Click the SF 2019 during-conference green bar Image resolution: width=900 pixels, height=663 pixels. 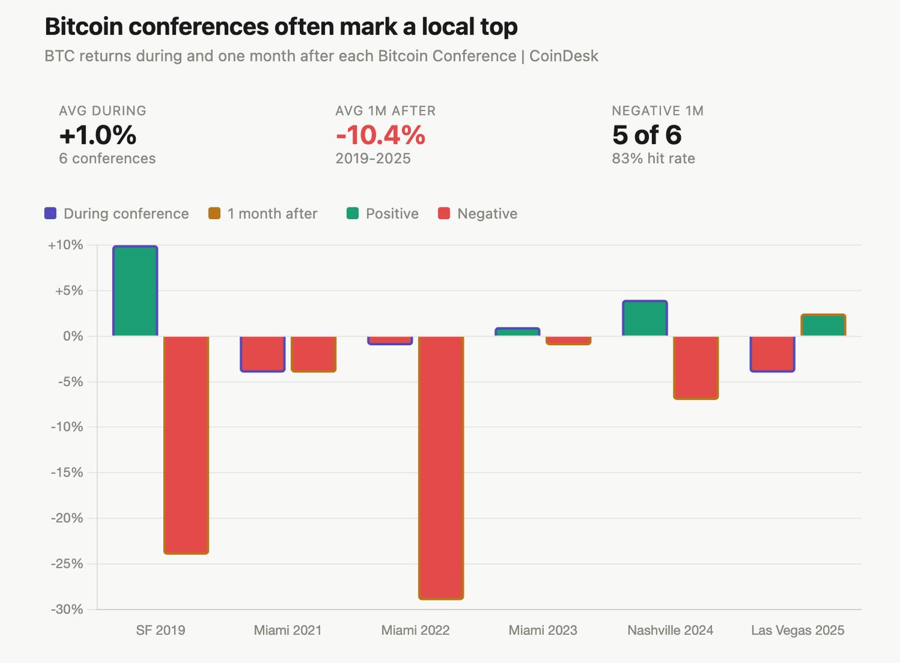(135, 291)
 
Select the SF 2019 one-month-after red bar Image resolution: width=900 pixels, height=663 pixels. (186, 445)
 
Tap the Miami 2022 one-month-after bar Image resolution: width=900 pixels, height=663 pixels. (441, 467)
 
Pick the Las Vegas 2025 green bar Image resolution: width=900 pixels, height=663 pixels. (823, 325)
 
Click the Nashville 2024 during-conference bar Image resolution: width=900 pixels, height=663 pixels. (644, 319)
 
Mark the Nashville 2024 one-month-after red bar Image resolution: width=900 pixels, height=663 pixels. (695, 368)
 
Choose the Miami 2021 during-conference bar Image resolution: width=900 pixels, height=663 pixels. (262, 354)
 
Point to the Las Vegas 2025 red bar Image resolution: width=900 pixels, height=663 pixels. (772, 354)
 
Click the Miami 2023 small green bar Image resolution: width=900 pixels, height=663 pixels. (517, 332)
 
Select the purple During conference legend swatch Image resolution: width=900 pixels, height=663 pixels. (50, 214)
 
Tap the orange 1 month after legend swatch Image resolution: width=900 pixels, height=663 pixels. (214, 214)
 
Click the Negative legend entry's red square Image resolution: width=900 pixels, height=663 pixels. (444, 214)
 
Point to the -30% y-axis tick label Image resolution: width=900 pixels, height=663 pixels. (66, 609)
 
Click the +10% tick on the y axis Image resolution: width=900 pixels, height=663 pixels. (65, 245)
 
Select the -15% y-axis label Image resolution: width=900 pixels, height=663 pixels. (66, 473)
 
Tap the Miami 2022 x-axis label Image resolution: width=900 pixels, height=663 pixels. (415, 630)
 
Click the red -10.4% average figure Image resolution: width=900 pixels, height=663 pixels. (380, 135)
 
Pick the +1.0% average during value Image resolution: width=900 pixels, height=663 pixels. (98, 135)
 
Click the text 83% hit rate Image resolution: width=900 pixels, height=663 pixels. (653, 158)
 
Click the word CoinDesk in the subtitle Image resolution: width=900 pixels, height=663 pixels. (563, 56)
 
